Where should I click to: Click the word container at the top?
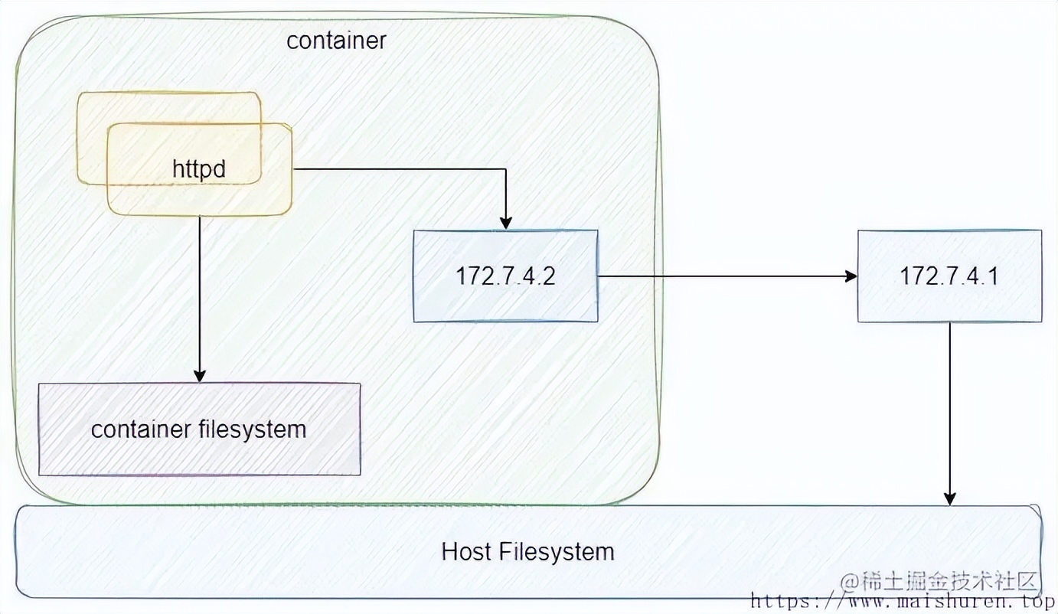(336, 41)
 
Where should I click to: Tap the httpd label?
(199, 168)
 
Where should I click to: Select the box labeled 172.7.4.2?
(505, 276)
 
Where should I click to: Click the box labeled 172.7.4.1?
(949, 276)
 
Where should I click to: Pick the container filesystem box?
(199, 429)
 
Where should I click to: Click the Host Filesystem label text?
(527, 551)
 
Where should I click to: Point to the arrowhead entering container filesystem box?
(200, 376)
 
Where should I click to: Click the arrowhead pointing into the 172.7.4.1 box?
(851, 276)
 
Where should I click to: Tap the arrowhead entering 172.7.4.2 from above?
(505, 223)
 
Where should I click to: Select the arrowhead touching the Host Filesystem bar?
(949, 498)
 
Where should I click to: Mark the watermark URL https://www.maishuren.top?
(903, 602)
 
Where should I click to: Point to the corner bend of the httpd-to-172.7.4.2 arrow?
(505, 168)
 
